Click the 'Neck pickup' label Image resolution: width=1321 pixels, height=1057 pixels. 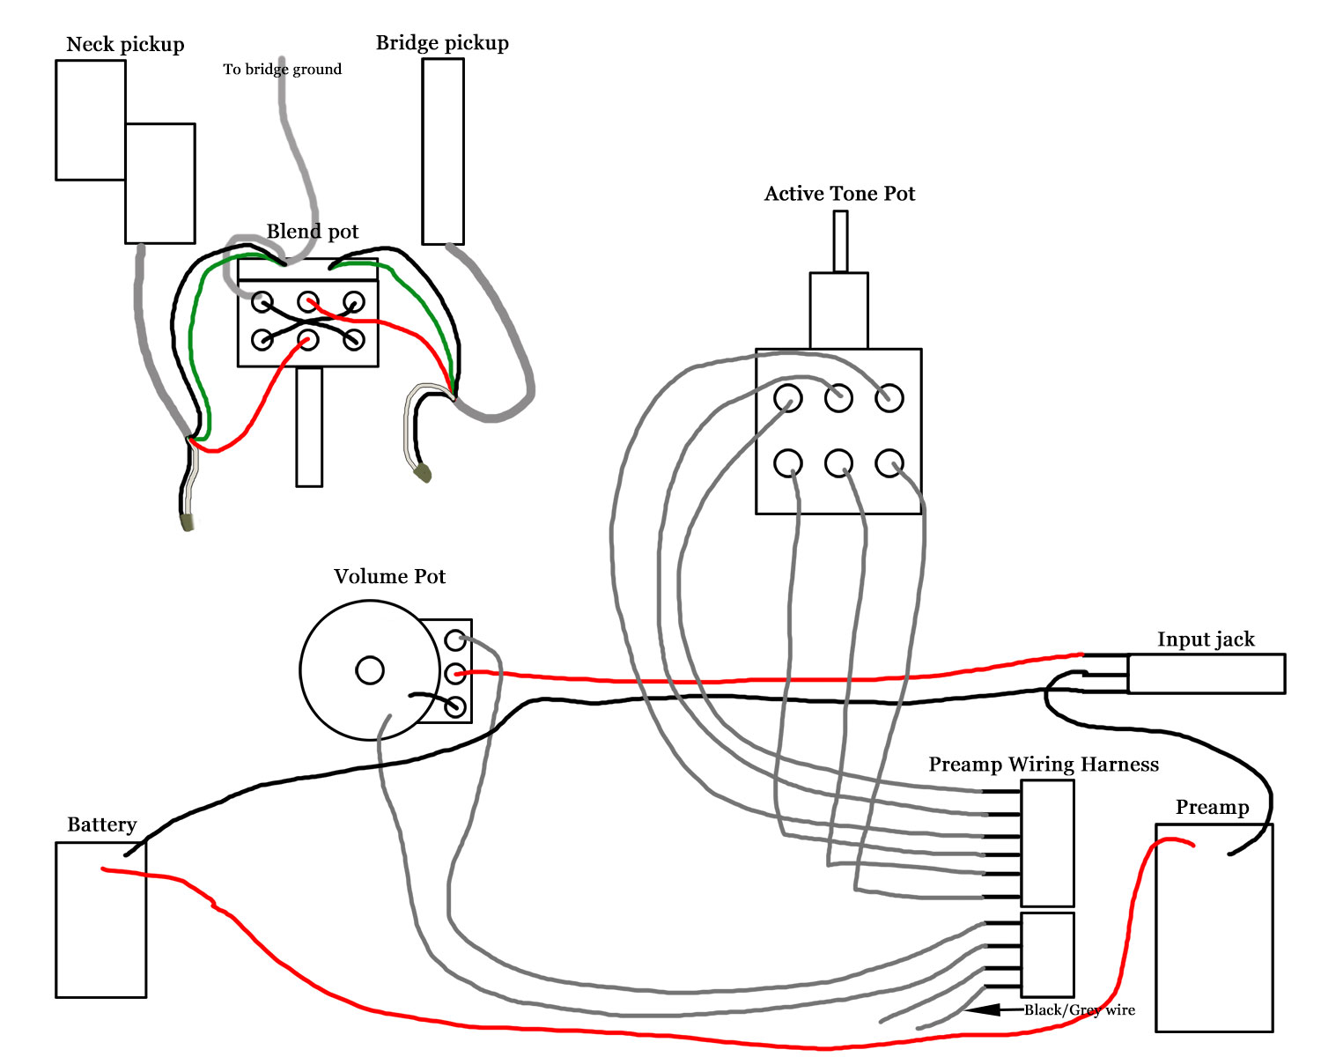point(125,45)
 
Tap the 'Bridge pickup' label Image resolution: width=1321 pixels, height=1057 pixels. point(442,43)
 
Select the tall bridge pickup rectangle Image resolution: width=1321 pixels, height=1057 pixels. point(443,152)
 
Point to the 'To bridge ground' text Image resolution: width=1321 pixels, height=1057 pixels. point(282,70)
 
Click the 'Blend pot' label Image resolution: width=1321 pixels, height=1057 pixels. point(312,232)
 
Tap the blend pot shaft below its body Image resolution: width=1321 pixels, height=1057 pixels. point(309,427)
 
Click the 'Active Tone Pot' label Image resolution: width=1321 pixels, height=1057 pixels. point(839,194)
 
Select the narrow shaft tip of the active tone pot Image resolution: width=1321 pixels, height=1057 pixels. point(840,241)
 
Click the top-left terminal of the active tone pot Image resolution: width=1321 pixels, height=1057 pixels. point(787,398)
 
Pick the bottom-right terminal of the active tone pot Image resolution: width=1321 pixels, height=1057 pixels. point(889,463)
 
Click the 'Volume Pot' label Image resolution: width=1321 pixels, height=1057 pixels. point(389,577)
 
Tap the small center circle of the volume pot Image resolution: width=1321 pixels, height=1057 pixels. point(370,670)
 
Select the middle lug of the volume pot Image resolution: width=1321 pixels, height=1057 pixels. point(454,673)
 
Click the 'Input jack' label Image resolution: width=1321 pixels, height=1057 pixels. point(1206,639)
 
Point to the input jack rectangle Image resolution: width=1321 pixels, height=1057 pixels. point(1207,674)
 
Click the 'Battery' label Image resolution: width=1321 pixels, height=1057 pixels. point(101,824)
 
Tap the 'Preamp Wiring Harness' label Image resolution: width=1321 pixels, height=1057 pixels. point(1044,765)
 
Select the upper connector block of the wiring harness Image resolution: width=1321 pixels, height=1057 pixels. point(1047,843)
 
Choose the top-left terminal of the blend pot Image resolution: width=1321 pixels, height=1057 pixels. point(262,302)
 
